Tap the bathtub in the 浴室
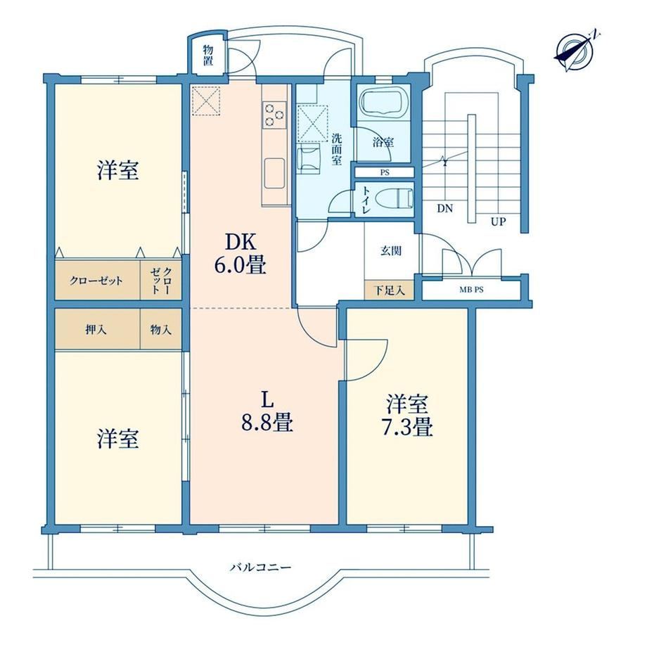[x=383, y=104]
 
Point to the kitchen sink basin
[x=274, y=173]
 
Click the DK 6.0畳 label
[x=241, y=254]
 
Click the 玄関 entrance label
[x=391, y=250]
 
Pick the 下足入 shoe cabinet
[x=389, y=290]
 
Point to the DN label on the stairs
[x=444, y=208]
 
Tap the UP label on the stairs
[x=498, y=222]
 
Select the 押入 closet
[x=98, y=329]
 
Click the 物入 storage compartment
[x=161, y=329]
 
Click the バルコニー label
[x=260, y=568]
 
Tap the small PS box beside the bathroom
[x=385, y=172]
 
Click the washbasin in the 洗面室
[x=309, y=158]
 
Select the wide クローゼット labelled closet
[x=98, y=280]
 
